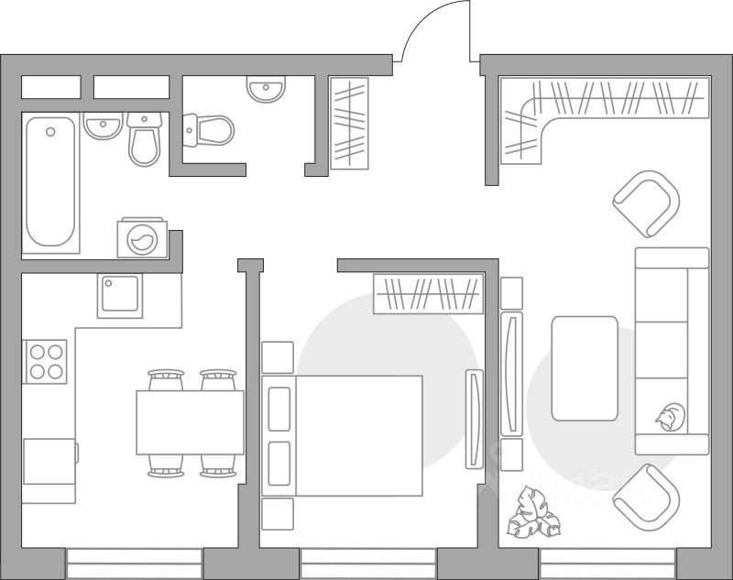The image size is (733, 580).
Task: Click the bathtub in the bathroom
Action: click(51, 183)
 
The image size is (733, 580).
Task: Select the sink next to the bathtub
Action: click(103, 126)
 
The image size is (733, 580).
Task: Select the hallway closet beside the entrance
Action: click(348, 123)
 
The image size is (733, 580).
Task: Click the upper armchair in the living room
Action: click(647, 202)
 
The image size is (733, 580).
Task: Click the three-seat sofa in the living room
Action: click(673, 350)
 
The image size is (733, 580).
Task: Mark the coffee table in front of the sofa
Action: click(585, 367)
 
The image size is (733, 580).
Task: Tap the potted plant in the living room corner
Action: click(535, 513)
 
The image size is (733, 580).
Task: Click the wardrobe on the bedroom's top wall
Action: click(428, 294)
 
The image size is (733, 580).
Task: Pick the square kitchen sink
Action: click(121, 294)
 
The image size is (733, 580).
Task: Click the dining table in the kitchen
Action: click(190, 421)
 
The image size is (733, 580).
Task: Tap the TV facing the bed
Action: click(473, 419)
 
